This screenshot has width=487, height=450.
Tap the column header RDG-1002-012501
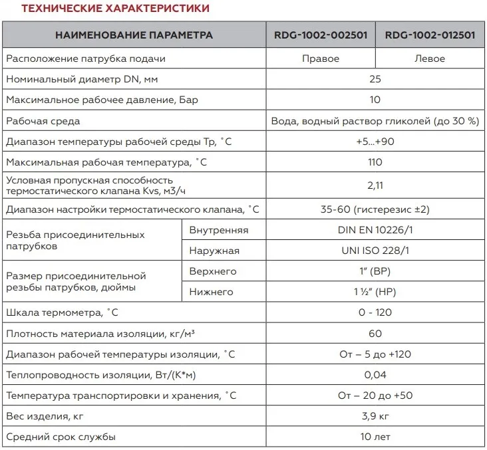(x=430, y=35)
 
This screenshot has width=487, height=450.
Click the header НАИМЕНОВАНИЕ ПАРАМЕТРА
(x=134, y=35)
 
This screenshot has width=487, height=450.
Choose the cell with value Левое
(x=429, y=58)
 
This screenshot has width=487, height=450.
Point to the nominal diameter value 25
(x=375, y=79)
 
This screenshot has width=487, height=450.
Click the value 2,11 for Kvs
(x=375, y=185)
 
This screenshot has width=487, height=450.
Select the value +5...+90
(x=375, y=142)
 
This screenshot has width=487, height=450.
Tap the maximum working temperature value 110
(x=375, y=163)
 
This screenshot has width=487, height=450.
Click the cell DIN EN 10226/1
(x=375, y=230)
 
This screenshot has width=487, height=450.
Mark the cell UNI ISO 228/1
(x=375, y=251)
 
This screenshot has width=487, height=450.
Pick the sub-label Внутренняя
(x=219, y=230)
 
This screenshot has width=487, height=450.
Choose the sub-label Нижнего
(x=211, y=291)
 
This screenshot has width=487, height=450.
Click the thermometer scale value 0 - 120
(x=375, y=312)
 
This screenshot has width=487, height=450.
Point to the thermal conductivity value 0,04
(x=375, y=375)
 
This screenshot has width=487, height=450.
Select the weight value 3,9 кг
(x=375, y=416)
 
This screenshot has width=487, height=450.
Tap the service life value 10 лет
(x=375, y=437)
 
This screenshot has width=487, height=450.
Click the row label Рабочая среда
(x=43, y=121)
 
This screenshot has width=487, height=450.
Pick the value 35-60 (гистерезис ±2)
(x=375, y=209)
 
